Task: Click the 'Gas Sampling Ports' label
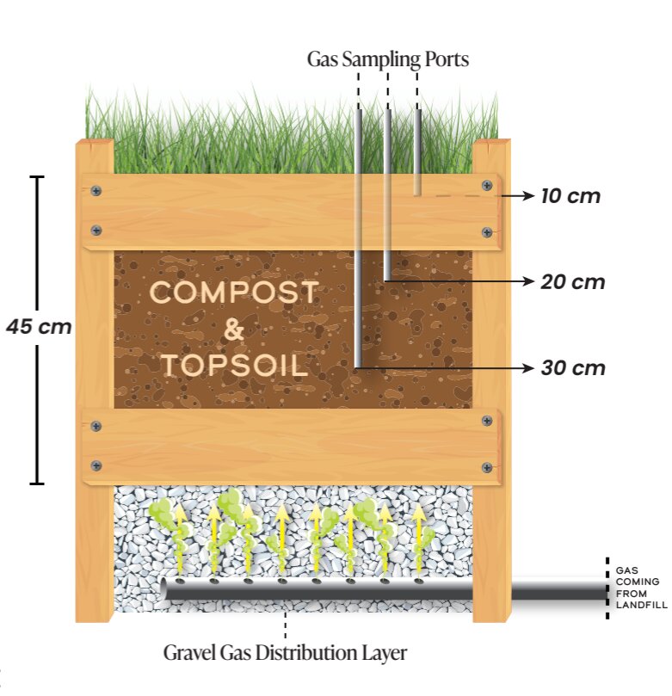tap(389, 59)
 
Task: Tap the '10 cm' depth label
tap(570, 196)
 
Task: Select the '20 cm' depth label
tap(573, 281)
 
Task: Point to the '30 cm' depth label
tap(573, 368)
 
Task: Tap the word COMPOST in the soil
tap(234, 293)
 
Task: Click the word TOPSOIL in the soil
tap(234, 365)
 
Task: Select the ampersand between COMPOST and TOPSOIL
tap(234, 330)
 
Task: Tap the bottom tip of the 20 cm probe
tap(388, 277)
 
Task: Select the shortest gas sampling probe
tap(418, 151)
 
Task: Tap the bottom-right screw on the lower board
tap(486, 466)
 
